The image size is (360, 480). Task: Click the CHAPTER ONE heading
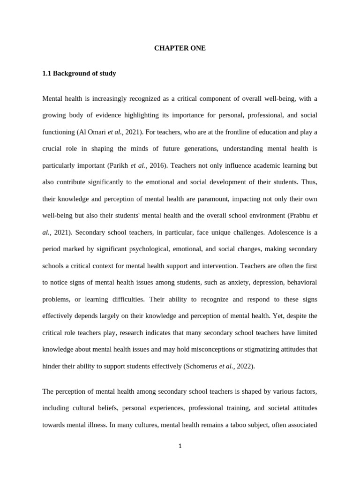pos(180,48)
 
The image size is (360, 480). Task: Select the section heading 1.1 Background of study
pos(79,74)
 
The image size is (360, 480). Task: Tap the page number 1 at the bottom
pos(180,446)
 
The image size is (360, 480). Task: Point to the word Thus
pos(309,182)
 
